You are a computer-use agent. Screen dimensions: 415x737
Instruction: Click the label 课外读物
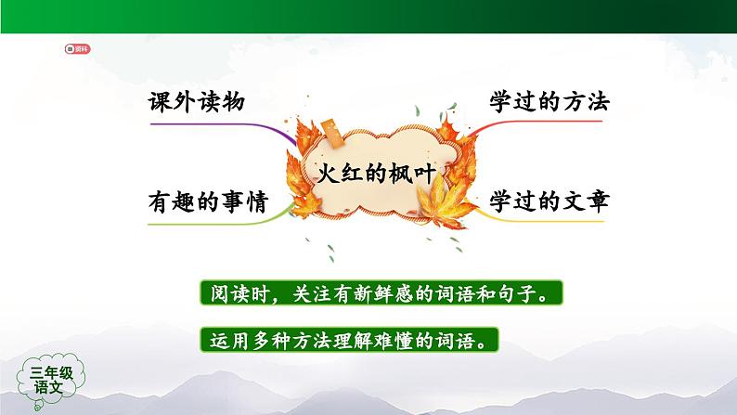[x=195, y=103]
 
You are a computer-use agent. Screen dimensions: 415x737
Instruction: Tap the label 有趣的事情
[x=207, y=201]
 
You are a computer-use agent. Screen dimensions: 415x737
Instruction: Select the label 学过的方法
[x=550, y=103]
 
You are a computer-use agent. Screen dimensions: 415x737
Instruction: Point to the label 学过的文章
[x=550, y=201]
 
